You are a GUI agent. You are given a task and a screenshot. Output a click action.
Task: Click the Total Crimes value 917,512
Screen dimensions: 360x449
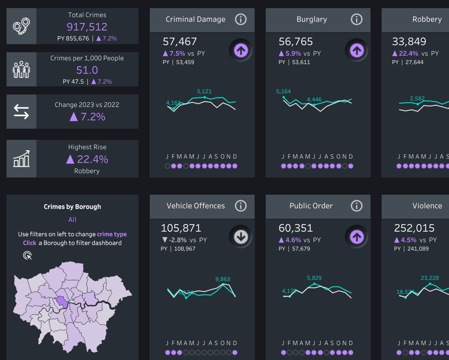tap(87, 27)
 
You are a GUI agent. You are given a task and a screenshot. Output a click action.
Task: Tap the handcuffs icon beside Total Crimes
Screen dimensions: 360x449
tap(21, 26)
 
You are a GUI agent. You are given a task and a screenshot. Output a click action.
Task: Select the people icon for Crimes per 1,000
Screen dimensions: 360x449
tap(21, 69)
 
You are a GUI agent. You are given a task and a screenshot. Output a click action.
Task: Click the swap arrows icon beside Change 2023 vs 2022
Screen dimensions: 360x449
tap(21, 111)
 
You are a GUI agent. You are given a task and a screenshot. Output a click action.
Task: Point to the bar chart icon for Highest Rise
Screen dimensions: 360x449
tap(21, 159)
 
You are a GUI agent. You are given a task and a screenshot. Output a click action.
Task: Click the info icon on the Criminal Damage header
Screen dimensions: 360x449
tap(240, 19)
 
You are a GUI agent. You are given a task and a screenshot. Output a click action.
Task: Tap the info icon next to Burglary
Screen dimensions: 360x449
tap(356, 19)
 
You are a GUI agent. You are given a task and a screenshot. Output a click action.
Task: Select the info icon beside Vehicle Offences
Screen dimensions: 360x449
tap(240, 206)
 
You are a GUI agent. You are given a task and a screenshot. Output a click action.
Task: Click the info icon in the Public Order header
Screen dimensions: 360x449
tap(356, 206)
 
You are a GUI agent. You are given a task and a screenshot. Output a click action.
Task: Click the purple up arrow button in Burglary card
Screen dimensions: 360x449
tap(357, 50)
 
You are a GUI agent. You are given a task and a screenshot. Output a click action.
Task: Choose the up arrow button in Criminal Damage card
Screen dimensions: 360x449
tap(241, 50)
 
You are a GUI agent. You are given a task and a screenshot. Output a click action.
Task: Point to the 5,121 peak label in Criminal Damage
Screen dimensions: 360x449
tap(204, 91)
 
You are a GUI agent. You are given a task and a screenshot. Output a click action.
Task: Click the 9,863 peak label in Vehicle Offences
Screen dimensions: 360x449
tap(223, 279)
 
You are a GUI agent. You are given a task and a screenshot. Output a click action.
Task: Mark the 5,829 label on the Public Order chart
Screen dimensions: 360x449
tap(314, 278)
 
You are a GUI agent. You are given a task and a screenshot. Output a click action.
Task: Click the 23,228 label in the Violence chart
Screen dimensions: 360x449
tap(430, 278)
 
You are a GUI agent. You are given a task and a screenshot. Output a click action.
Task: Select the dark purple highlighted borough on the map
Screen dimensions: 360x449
tap(61, 302)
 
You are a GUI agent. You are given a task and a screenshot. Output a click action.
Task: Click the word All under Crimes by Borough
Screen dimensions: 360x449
tap(72, 220)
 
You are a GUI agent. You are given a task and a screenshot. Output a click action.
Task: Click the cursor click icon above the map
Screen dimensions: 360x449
tap(28, 255)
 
